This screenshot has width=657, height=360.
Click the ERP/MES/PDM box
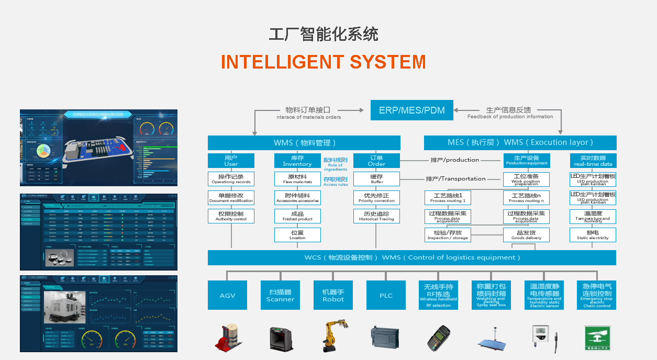tap(411, 110)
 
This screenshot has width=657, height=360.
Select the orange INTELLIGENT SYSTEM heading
tap(323, 62)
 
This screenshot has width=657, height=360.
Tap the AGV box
tap(227, 295)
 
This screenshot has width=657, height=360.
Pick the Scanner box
tap(280, 295)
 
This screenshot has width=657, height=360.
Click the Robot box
tap(333, 295)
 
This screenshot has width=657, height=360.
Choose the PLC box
tap(386, 295)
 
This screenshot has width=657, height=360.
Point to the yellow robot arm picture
tap(332, 336)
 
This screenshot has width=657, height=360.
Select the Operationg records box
tap(231, 179)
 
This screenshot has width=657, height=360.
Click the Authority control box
tap(231, 216)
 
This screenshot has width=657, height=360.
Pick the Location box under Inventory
tap(297, 234)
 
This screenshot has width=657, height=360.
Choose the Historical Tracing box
tap(376, 216)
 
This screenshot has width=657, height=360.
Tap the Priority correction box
tap(376, 197)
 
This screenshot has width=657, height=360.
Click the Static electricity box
tap(593, 235)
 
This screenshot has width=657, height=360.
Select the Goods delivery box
tap(526, 235)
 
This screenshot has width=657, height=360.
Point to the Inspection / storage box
tap(447, 235)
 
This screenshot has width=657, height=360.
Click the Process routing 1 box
tap(447, 198)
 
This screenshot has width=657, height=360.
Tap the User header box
tap(231, 161)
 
